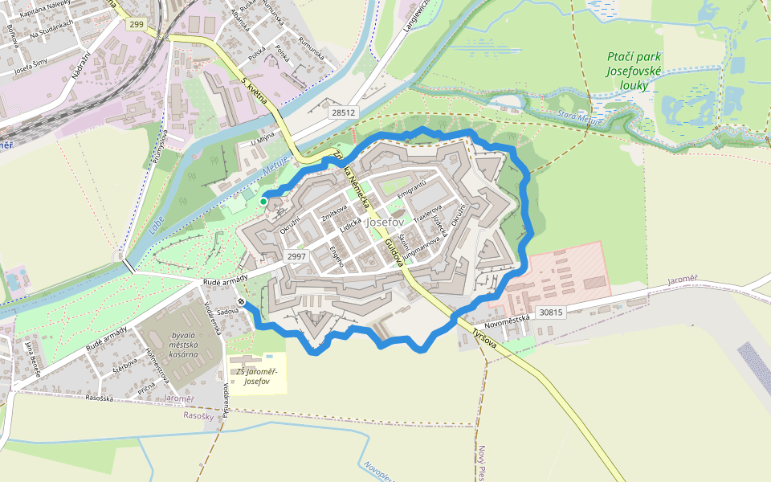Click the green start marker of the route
263,201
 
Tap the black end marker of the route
241,302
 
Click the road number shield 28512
343,113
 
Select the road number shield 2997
297,256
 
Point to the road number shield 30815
552,312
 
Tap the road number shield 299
136,25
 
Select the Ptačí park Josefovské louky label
634,70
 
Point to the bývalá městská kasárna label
179,344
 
